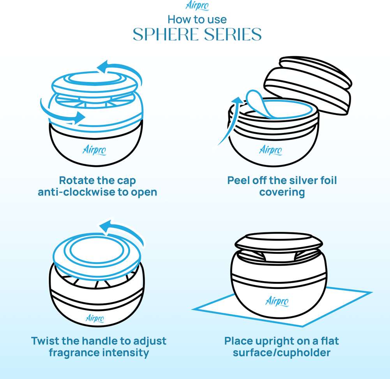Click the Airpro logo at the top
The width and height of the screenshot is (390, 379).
click(197, 5)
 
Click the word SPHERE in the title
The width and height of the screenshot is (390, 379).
click(166, 34)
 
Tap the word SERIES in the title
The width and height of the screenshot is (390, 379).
click(233, 34)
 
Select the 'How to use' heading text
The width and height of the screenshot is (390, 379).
click(197, 19)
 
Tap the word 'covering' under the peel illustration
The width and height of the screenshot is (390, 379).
click(282, 193)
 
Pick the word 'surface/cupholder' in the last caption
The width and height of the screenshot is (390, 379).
click(282, 352)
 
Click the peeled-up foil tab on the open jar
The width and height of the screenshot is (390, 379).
click(258, 103)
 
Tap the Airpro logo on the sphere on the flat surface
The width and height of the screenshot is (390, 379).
click(277, 301)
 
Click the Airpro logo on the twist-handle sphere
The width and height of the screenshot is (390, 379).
click(95, 319)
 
